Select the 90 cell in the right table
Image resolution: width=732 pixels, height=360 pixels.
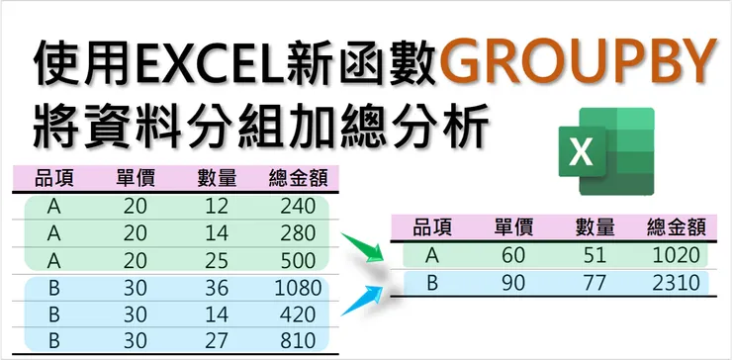click(514, 284)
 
